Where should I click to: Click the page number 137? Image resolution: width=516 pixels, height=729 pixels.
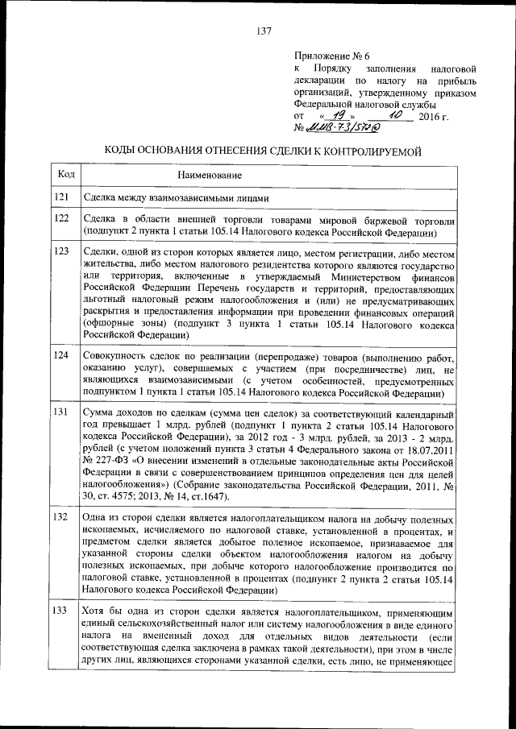click(263, 32)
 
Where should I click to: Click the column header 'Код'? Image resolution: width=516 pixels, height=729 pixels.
click(68, 174)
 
